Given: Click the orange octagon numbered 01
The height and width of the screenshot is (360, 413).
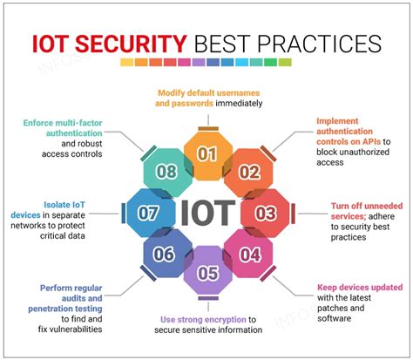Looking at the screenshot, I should pos(206,155).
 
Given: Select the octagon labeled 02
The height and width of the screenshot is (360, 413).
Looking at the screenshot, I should pos(250,172).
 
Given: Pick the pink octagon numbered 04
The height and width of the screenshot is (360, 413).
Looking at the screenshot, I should pos(250,254).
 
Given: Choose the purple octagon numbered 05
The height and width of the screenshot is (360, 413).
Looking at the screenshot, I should pos(206,273).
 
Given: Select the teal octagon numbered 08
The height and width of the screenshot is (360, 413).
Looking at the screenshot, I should pos(166,172).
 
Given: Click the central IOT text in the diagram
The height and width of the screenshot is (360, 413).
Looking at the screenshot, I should pos(207,212).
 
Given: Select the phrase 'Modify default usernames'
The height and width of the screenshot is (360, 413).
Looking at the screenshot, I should pos(206,92).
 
